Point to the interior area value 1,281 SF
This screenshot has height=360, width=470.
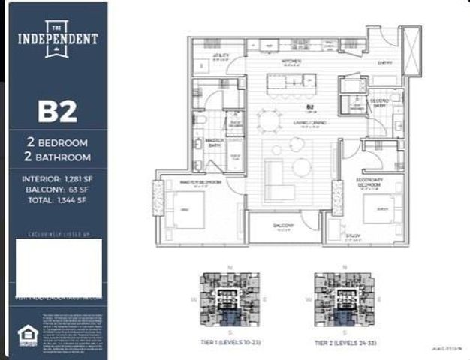pyautogui.click(x=74, y=179)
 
